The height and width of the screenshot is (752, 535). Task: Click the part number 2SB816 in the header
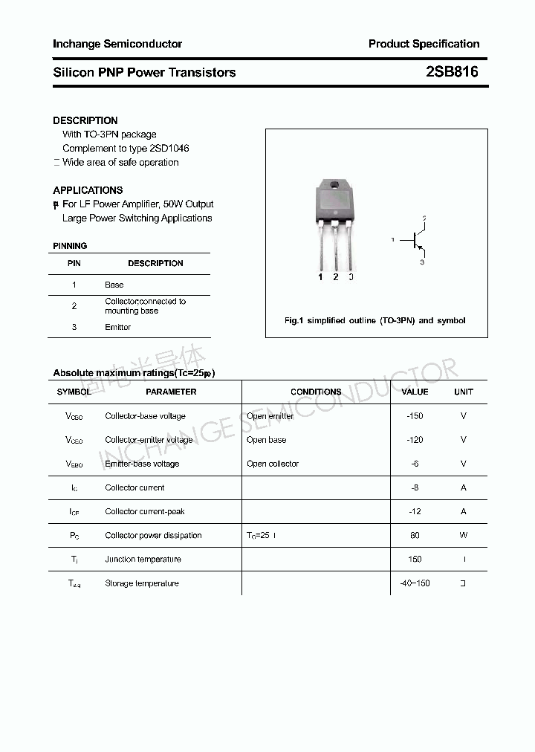click(452, 72)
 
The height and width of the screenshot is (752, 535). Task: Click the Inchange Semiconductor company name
click(117, 44)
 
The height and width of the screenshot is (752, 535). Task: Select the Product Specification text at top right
click(424, 44)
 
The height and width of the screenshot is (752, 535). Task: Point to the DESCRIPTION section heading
click(85, 120)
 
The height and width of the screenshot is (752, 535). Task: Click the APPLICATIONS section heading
click(88, 190)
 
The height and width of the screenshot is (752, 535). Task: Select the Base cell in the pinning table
click(114, 285)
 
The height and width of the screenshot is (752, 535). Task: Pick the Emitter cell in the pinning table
click(117, 327)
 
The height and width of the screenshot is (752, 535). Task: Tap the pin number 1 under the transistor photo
click(320, 277)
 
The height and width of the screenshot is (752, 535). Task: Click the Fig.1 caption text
click(375, 320)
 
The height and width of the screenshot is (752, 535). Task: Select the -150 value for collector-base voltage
click(415, 416)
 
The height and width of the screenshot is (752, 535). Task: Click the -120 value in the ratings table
click(415, 440)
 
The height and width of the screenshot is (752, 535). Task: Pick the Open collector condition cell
click(273, 464)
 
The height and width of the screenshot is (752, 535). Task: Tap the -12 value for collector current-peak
click(415, 511)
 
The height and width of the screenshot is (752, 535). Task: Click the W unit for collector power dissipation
click(464, 535)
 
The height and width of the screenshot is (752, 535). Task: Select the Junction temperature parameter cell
click(143, 560)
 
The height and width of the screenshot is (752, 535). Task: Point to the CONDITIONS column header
click(316, 392)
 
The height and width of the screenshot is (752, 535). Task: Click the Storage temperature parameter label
click(142, 583)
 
